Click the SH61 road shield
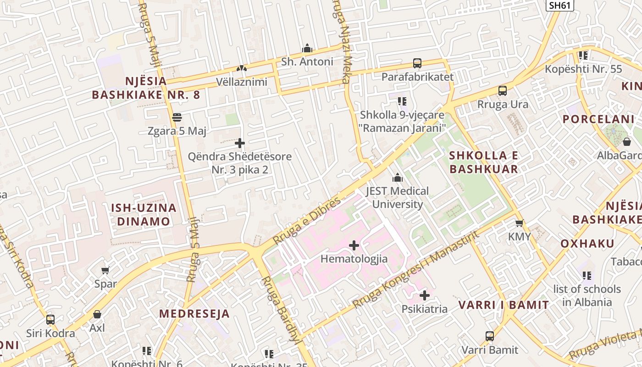[560, 5]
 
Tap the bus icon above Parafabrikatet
[417, 63]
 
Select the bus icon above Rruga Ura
[503, 91]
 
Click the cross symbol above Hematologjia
[354, 245]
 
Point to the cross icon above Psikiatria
[425, 295]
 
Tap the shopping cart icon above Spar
[105, 270]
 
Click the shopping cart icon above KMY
[519, 223]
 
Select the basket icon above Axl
[97, 314]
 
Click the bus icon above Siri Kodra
[50, 319]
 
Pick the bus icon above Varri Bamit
[490, 336]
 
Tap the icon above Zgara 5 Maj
[177, 117]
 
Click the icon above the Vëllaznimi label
[241, 68]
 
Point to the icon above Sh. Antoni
[307, 48]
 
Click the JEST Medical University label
[397, 197]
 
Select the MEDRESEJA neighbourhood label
[194, 314]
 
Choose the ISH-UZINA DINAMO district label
[144, 214]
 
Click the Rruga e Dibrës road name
[307, 221]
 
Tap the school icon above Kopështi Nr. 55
[583, 56]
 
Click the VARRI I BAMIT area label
[504, 305]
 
